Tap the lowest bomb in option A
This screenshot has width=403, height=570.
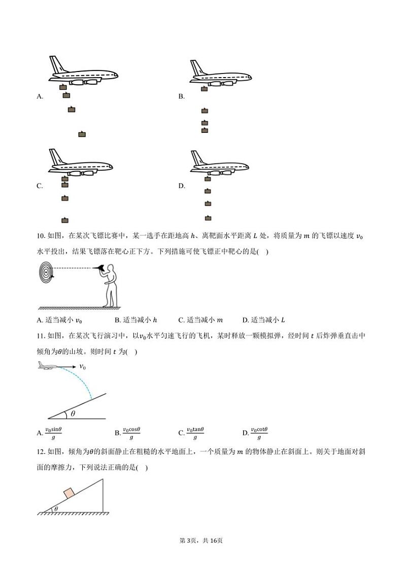tap(82, 134)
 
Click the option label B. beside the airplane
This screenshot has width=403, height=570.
tap(181, 96)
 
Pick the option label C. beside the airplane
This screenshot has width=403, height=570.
tap(40, 186)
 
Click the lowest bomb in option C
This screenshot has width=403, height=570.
tap(64, 220)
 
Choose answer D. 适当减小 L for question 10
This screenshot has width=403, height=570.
tap(263, 320)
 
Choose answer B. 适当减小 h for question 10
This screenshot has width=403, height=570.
tap(136, 320)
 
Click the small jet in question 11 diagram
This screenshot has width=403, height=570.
tap(48, 365)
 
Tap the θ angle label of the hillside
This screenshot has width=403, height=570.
tap(73, 414)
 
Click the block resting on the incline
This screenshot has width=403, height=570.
tap(69, 492)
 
